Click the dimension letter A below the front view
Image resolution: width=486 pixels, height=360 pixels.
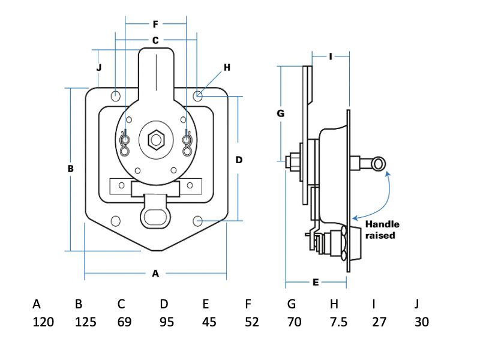click(x=155, y=274)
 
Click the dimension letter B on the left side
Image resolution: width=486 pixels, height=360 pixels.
click(x=70, y=169)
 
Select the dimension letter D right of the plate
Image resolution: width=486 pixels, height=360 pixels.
click(x=238, y=160)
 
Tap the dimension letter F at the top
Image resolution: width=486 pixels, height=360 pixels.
click(x=155, y=25)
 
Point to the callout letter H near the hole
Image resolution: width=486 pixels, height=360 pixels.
click(x=227, y=67)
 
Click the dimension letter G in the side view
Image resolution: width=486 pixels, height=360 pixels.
click(x=280, y=113)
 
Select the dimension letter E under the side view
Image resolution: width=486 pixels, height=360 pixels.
click(x=316, y=281)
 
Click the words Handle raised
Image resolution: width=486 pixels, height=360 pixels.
click(x=382, y=230)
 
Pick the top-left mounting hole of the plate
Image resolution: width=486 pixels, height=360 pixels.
click(x=116, y=95)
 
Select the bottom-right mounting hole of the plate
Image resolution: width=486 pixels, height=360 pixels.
click(x=198, y=221)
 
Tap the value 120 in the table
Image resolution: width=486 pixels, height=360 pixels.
click(x=43, y=322)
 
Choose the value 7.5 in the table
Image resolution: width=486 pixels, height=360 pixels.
click(x=338, y=322)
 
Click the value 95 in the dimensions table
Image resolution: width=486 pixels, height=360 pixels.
click(x=167, y=322)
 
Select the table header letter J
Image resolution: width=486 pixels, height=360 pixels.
click(x=418, y=304)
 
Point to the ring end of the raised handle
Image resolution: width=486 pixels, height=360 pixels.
click(x=379, y=163)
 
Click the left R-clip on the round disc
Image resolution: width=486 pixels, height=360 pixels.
click(x=125, y=142)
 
